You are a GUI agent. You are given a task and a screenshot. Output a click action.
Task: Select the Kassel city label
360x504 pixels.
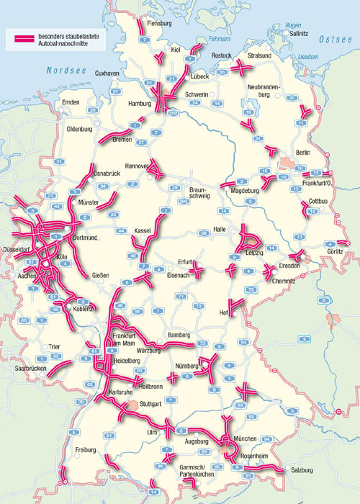142,230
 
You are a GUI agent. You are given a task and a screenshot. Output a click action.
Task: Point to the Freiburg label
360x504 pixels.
86,450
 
